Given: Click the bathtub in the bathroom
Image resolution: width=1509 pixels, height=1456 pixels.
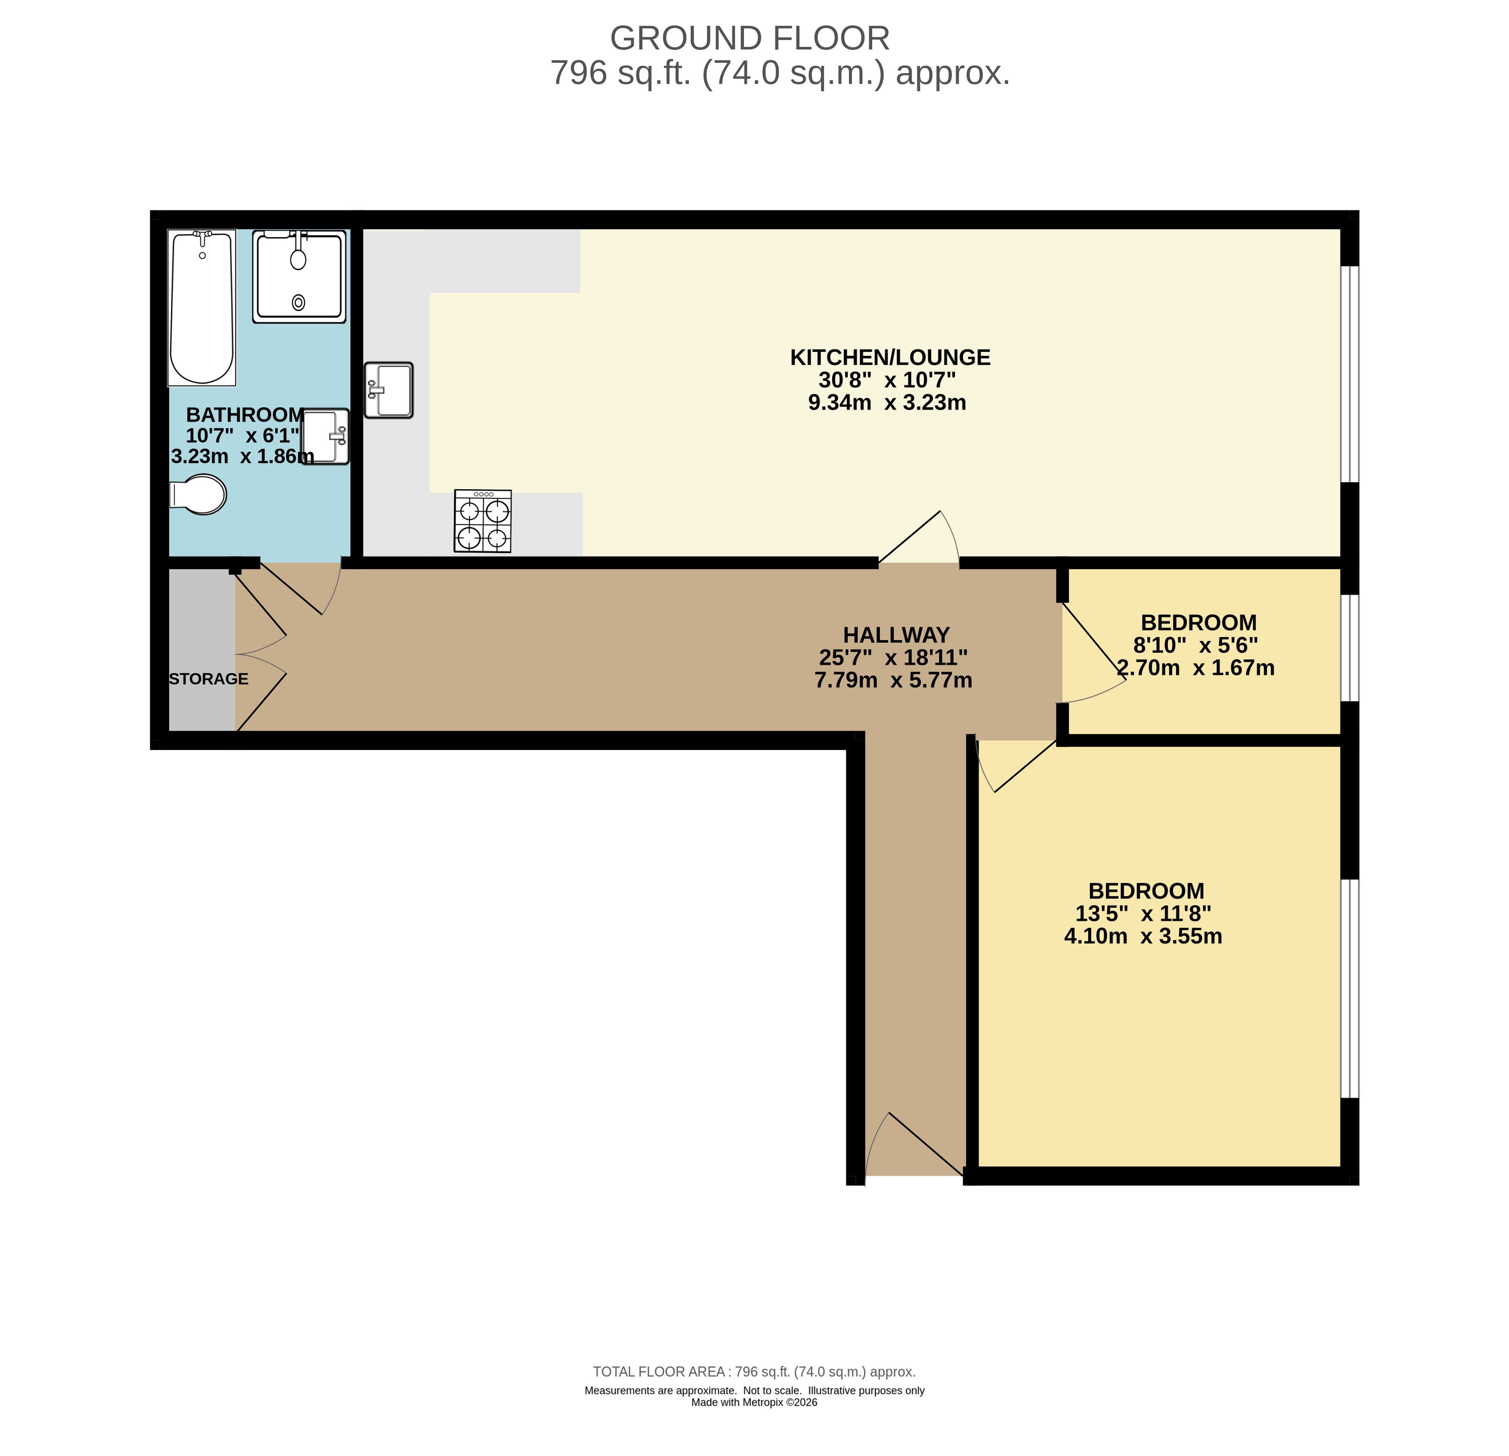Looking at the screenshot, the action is (x=202, y=307).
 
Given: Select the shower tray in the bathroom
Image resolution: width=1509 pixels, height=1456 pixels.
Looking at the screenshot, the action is (x=299, y=276).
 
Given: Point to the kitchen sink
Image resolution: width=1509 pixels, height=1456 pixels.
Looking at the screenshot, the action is (x=389, y=390).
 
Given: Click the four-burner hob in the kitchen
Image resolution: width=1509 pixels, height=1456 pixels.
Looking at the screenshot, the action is (x=483, y=521).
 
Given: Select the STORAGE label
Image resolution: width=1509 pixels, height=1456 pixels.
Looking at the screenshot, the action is (x=209, y=679).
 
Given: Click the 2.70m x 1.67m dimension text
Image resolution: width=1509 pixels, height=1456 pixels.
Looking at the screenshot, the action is (x=1196, y=668).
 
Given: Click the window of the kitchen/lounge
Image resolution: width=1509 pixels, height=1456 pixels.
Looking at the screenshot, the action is (x=1350, y=374).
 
